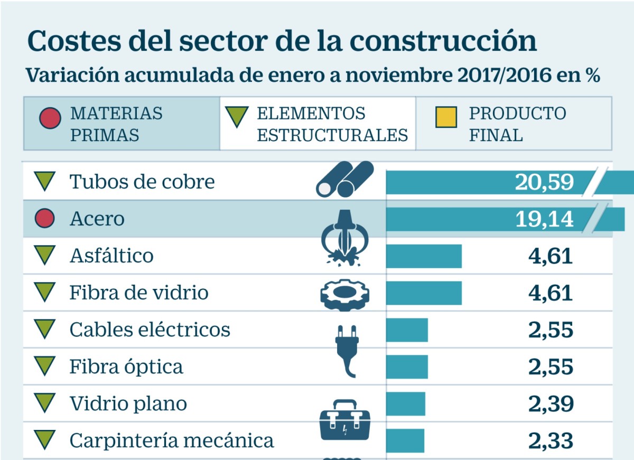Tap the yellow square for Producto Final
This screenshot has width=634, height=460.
(x=445, y=117)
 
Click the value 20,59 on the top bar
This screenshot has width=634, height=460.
(x=544, y=182)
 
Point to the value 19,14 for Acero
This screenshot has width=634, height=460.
(x=544, y=219)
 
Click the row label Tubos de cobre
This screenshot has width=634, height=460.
(x=142, y=182)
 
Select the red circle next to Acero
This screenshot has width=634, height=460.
(x=45, y=218)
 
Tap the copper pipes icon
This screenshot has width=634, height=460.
(x=344, y=180)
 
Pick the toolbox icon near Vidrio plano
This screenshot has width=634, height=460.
(x=345, y=420)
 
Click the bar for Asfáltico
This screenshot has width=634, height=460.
(x=424, y=256)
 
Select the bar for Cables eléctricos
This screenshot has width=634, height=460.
(x=407, y=330)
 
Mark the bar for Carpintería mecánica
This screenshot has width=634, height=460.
(x=405, y=440)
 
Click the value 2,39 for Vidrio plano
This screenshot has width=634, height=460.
(x=551, y=404)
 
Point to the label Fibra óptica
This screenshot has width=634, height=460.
(x=126, y=367)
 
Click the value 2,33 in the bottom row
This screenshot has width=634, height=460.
(x=551, y=440)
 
